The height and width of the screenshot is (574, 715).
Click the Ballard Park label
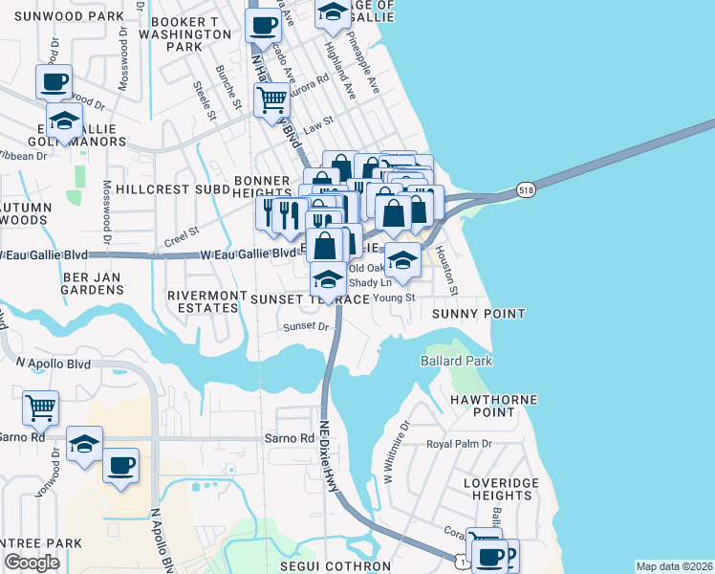(456, 361)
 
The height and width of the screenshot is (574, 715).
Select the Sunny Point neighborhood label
(479, 314)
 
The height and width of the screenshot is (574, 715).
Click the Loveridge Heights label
(501, 489)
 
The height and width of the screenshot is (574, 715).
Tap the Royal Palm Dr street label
(459, 444)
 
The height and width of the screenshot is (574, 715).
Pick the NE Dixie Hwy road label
(331, 451)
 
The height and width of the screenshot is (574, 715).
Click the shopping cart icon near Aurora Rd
(271, 98)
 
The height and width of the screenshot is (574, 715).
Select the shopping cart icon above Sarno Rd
(40, 408)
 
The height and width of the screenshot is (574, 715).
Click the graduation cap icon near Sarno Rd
(85, 445)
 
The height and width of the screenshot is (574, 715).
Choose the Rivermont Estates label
(202, 302)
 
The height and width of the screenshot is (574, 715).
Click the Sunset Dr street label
(305, 326)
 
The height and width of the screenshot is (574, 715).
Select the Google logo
(32, 563)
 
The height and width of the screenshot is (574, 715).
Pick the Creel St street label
(180, 232)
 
